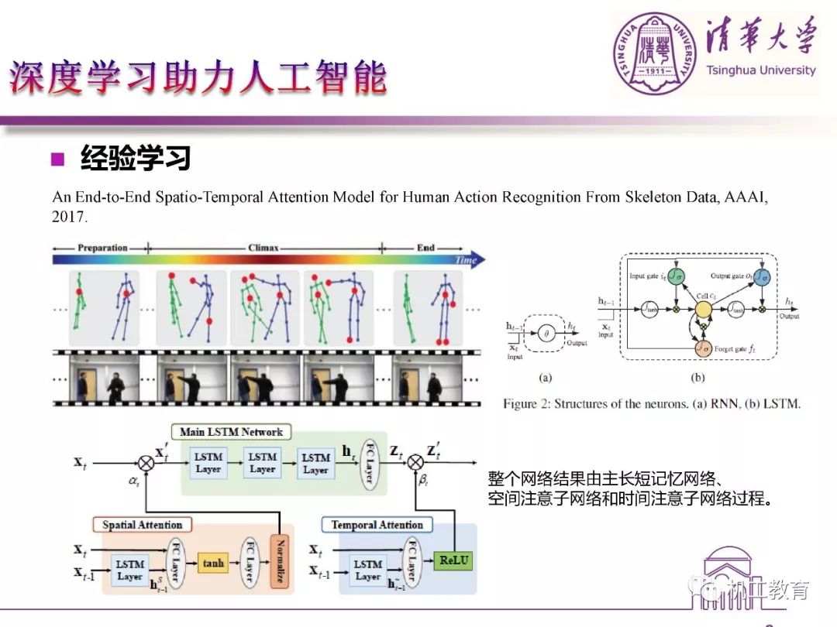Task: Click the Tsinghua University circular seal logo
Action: tap(655, 51)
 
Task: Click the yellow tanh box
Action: tap(212, 563)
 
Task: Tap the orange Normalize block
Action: tap(279, 562)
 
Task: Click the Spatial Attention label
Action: tap(142, 525)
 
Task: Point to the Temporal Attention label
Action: tap(377, 525)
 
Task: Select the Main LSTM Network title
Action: tap(231, 432)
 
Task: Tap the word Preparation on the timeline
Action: tap(102, 248)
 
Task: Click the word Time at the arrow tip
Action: tap(466, 260)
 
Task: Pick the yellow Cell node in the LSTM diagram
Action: tap(703, 310)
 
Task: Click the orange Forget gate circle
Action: tap(702, 349)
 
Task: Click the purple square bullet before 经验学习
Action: tap(57, 159)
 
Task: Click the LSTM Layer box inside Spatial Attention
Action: tap(129, 570)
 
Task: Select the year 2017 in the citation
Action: tap(69, 218)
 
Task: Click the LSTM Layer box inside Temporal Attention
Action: tap(367, 570)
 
